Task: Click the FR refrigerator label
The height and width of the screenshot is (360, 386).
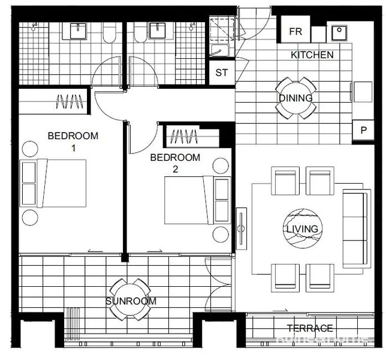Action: pos(295,32)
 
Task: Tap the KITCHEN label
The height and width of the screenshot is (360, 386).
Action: pos(312,55)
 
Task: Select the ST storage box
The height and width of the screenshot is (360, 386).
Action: pos(221,73)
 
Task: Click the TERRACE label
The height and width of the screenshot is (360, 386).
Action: pos(310,328)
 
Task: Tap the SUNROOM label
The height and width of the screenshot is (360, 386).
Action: pos(131,301)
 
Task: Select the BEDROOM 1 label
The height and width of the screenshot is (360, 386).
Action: pos(73,141)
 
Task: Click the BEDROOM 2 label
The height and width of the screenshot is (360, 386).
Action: pos(175,163)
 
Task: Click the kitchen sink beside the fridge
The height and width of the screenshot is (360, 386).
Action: pos(339,32)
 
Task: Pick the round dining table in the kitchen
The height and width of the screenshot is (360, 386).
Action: pos(295,98)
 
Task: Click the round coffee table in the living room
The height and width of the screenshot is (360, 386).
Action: pos(302,229)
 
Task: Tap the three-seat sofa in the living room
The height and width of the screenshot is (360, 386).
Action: pos(355,229)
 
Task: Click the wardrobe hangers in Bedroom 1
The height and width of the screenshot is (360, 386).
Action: pos(68,101)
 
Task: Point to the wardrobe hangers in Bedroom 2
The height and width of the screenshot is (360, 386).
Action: pos(184,137)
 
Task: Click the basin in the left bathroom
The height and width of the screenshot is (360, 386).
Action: pos(79,31)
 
